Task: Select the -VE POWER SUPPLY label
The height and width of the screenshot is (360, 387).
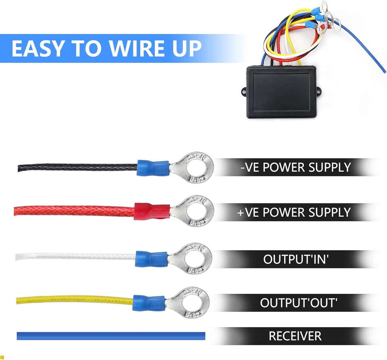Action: point(295,167)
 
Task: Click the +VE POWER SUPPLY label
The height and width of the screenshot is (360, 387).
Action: point(294,212)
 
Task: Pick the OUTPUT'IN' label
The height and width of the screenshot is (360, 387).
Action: point(296,259)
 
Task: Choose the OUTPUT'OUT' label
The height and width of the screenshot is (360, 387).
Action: point(299,303)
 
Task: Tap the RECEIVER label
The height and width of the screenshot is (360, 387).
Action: point(295,336)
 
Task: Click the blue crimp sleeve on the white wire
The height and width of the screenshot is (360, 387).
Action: point(152,259)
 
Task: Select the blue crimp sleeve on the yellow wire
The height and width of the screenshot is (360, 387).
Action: point(149,303)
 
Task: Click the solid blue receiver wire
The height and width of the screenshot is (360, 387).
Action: point(111,336)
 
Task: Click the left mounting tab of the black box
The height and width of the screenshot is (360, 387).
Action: point(244,92)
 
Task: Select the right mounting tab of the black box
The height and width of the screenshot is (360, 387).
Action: point(319,92)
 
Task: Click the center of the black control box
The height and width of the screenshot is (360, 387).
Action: point(281,92)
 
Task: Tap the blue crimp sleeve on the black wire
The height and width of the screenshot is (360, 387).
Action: point(153,168)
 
